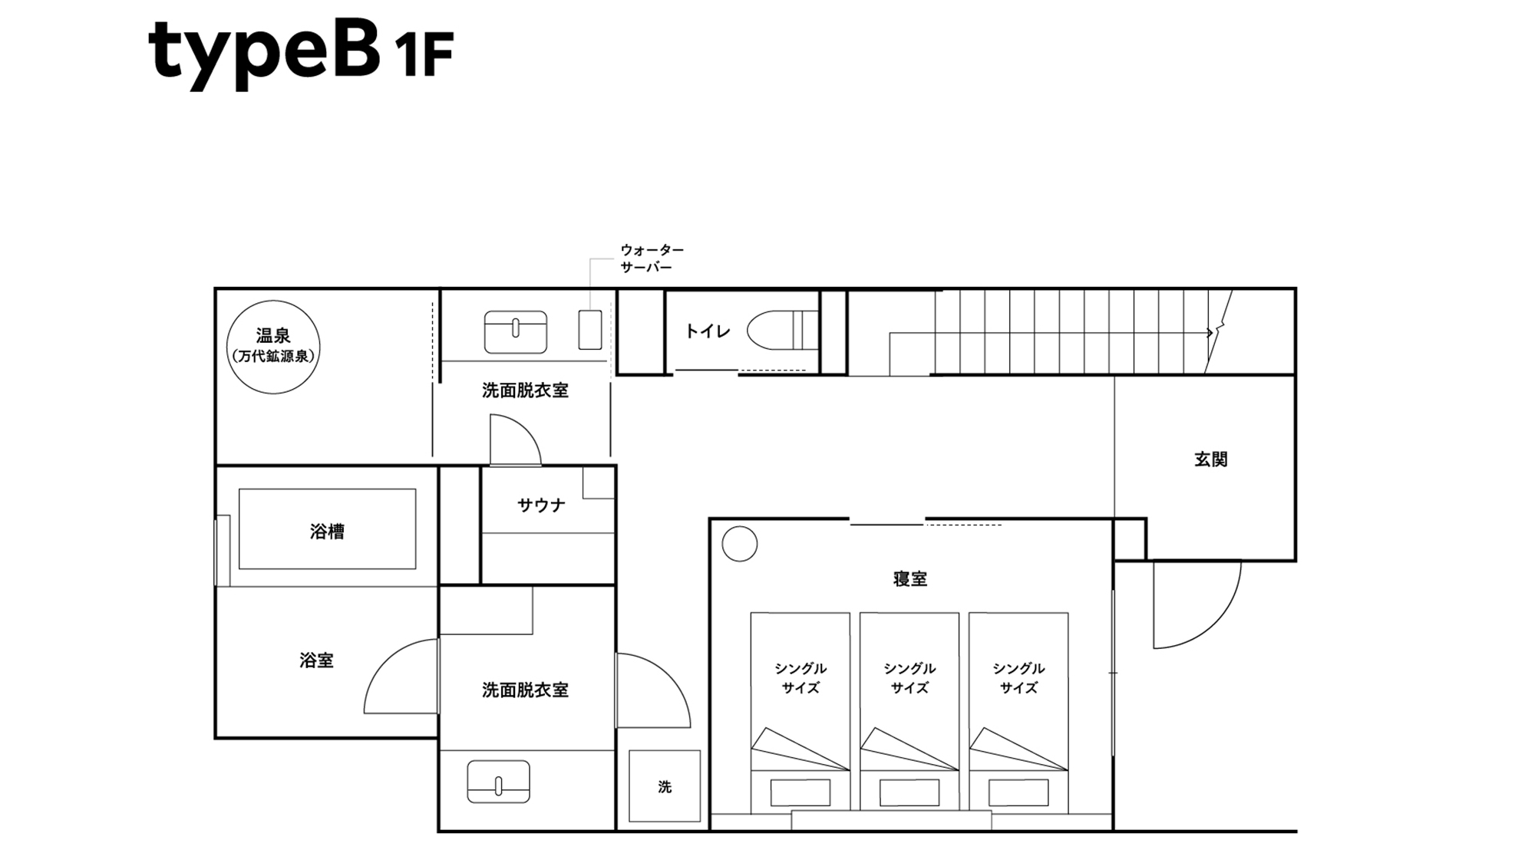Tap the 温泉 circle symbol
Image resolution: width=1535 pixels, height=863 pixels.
coord(273,347)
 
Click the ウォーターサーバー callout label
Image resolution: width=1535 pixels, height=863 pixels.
coord(651,259)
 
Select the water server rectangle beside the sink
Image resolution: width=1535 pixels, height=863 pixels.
coord(589,330)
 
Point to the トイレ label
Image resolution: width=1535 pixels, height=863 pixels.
coord(707,331)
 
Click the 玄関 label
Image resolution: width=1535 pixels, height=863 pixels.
coord(1210,459)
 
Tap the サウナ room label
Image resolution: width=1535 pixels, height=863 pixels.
coord(541,505)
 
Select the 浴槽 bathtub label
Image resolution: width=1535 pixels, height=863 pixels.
coord(327,531)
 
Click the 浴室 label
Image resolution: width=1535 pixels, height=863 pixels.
coord(316,660)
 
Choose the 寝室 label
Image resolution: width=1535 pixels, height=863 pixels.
coord(910,579)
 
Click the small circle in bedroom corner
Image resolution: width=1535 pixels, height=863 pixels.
coord(740,544)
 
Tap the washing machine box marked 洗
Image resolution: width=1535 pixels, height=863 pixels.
coord(665,786)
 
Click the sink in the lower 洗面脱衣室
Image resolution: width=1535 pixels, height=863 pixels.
coord(498,782)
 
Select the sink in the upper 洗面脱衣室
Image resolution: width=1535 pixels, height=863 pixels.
coord(516,331)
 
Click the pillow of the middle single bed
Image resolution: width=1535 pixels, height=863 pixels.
coord(909,792)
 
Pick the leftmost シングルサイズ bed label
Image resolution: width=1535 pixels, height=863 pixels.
coord(801,678)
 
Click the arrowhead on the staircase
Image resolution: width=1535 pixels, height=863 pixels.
coord(1210,333)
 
